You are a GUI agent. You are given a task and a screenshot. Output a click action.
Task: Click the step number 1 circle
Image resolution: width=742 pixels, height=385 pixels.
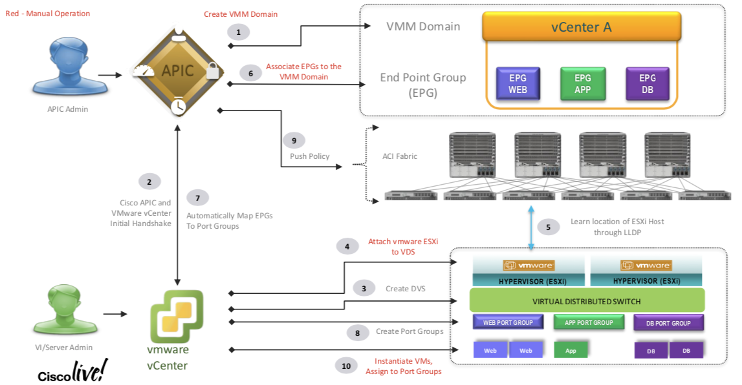[x=238, y=32]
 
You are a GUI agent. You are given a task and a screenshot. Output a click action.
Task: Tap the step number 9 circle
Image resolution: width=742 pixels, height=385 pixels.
[x=294, y=140]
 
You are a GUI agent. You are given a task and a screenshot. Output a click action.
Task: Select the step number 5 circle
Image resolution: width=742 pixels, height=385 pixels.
[x=549, y=227]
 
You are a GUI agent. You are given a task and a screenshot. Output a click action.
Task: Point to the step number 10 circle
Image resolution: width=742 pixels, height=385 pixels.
[x=346, y=366]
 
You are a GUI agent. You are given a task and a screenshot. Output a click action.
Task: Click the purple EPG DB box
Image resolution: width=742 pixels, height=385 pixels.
[x=647, y=83]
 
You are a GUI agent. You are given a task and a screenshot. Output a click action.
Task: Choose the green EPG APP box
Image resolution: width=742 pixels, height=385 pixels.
[x=582, y=83]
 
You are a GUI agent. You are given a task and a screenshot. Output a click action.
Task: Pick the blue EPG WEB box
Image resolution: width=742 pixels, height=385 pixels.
[x=518, y=83]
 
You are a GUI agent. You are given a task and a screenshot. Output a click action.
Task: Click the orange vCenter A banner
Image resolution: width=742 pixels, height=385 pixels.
[x=581, y=27]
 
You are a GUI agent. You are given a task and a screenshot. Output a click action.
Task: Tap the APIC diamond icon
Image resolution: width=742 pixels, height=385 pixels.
[x=178, y=70]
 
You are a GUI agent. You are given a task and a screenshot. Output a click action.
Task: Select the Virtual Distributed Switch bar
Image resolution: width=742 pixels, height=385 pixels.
[x=586, y=300]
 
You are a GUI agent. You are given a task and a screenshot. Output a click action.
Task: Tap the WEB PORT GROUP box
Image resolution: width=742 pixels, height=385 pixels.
[x=508, y=322]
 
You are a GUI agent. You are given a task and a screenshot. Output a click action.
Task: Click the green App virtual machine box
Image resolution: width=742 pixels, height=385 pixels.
[x=571, y=350]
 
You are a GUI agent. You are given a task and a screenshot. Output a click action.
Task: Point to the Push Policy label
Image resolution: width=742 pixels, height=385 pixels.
[x=309, y=156]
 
